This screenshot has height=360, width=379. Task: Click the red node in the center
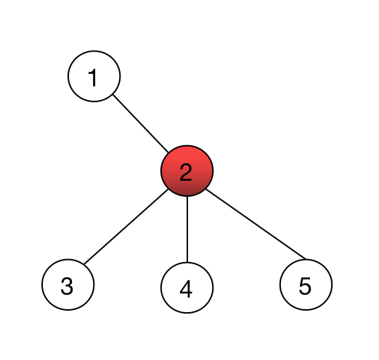pyautogui.click(x=187, y=171)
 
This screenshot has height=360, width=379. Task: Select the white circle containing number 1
pyautogui.click(x=94, y=76)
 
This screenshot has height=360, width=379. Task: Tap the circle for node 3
pyautogui.click(x=68, y=285)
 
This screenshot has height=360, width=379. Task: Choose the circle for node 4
pyautogui.click(x=187, y=287)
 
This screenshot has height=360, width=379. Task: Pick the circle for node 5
pyautogui.click(x=306, y=285)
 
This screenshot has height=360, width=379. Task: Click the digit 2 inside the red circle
pyautogui.click(x=186, y=172)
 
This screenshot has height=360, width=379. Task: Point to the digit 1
pyautogui.click(x=93, y=78)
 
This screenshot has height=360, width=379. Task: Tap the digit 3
pyautogui.click(x=67, y=286)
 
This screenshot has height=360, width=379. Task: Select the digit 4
pyautogui.click(x=186, y=289)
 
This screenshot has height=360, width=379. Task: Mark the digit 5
pyautogui.click(x=305, y=286)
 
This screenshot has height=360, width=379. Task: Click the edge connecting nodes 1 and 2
pyautogui.click(x=141, y=123)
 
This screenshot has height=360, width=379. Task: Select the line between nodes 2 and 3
pyautogui.click(x=126, y=226)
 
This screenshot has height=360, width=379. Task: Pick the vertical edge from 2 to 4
pyautogui.click(x=187, y=229)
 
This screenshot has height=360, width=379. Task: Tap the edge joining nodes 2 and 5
pyautogui.click(x=256, y=224)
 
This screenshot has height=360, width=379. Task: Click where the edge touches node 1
pyautogui.click(x=113, y=94)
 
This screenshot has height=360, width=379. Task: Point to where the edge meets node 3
pyautogui.click(x=84, y=264)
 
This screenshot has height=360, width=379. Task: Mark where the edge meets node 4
pyautogui.click(x=187, y=262)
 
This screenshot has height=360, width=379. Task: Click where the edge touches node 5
pyautogui.click(x=306, y=259)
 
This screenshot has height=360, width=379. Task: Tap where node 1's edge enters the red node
pyautogui.click(x=168, y=152)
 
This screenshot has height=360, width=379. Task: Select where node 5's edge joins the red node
pyautogui.click(x=206, y=189)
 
